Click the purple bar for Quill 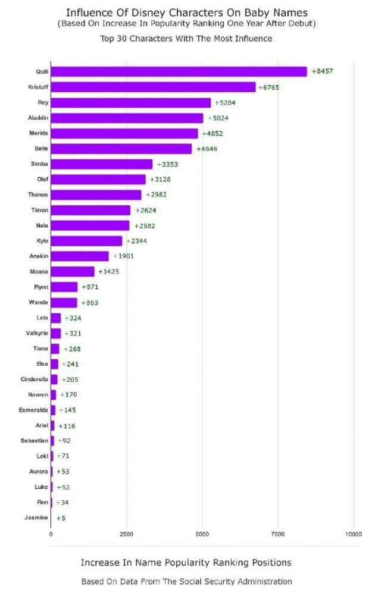(x=179, y=71)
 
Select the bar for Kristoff (x=153, y=87)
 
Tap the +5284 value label (x=226, y=103)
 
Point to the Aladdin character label (x=38, y=118)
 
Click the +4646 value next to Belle (x=207, y=149)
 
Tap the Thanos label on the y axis (x=38, y=194)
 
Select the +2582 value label (x=145, y=226)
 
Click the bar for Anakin (x=80, y=256)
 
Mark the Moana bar (x=72, y=272)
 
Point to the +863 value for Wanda (x=89, y=303)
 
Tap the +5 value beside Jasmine (x=61, y=518)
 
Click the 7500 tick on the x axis (x=278, y=534)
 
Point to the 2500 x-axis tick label (x=126, y=534)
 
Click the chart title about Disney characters (x=187, y=12)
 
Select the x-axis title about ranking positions (x=186, y=562)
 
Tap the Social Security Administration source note (x=186, y=582)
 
